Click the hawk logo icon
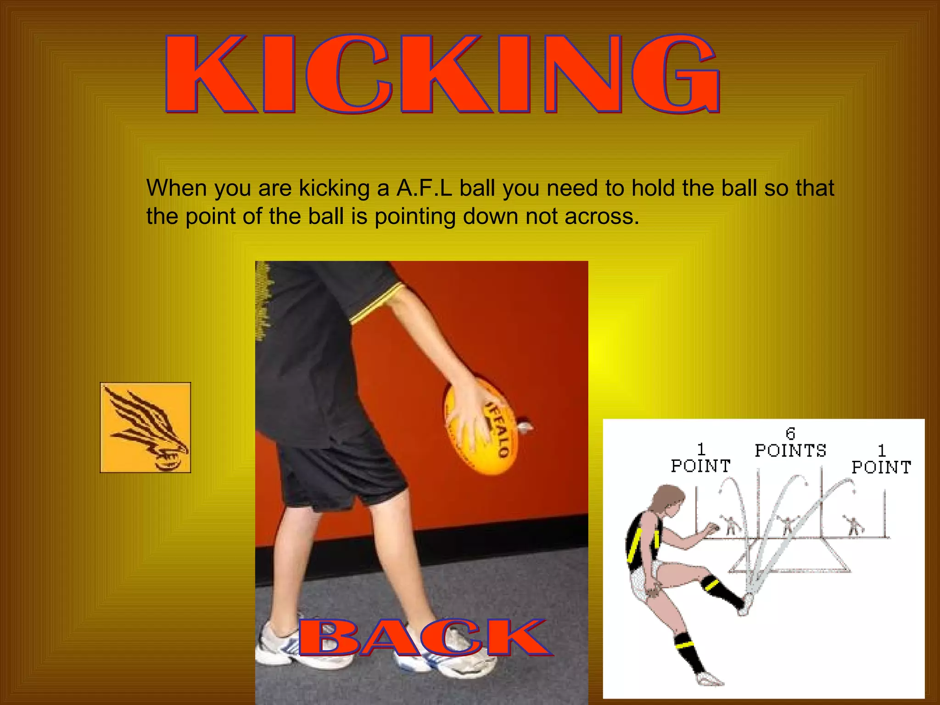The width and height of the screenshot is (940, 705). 145,427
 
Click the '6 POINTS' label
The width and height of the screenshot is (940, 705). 790,443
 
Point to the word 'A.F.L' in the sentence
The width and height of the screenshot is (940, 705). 425,188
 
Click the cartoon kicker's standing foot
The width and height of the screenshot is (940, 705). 709,678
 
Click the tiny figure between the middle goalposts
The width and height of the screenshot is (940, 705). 787,524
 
